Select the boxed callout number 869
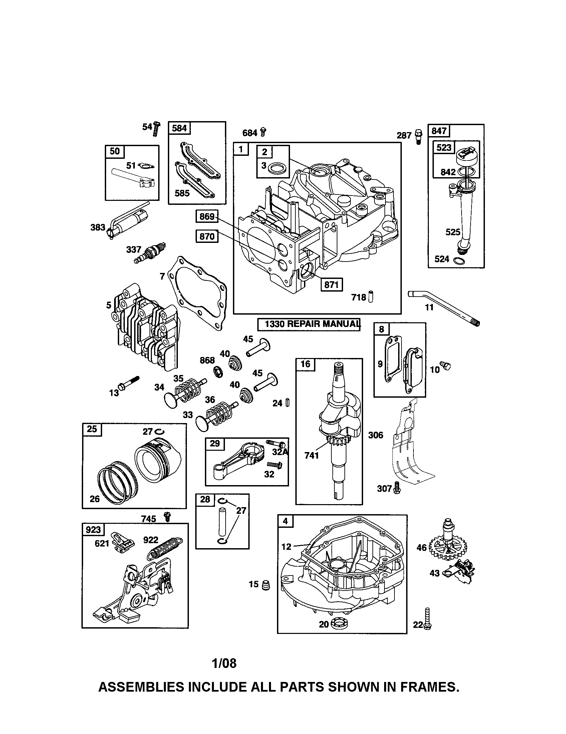207,217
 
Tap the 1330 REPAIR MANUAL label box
309,324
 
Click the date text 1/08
224,663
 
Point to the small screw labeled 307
397,488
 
